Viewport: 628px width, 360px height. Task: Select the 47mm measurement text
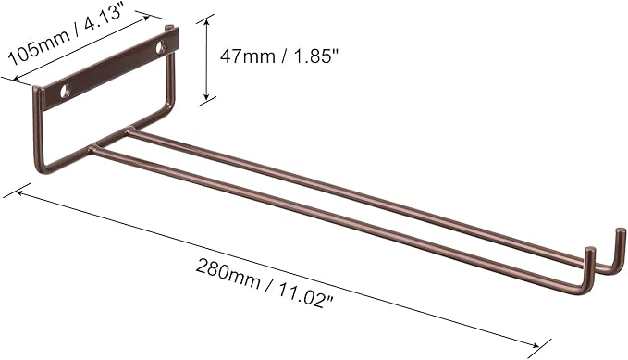point(247,56)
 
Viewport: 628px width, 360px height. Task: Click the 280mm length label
point(228,272)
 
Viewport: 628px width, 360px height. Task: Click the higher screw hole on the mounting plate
point(161,47)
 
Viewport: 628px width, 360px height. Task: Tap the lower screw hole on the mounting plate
point(65,91)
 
